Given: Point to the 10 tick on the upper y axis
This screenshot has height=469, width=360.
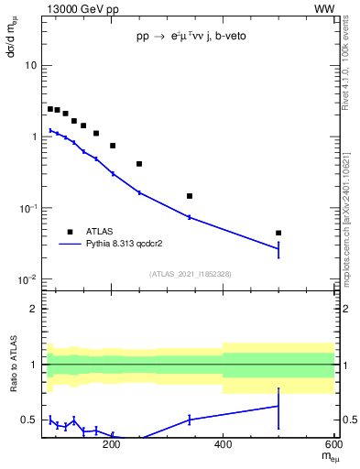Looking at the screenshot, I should [x=31, y=66].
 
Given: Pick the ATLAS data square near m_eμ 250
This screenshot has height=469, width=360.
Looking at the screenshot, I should [x=139, y=164].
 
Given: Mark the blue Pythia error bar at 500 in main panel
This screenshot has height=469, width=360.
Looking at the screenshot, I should [x=278, y=249].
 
